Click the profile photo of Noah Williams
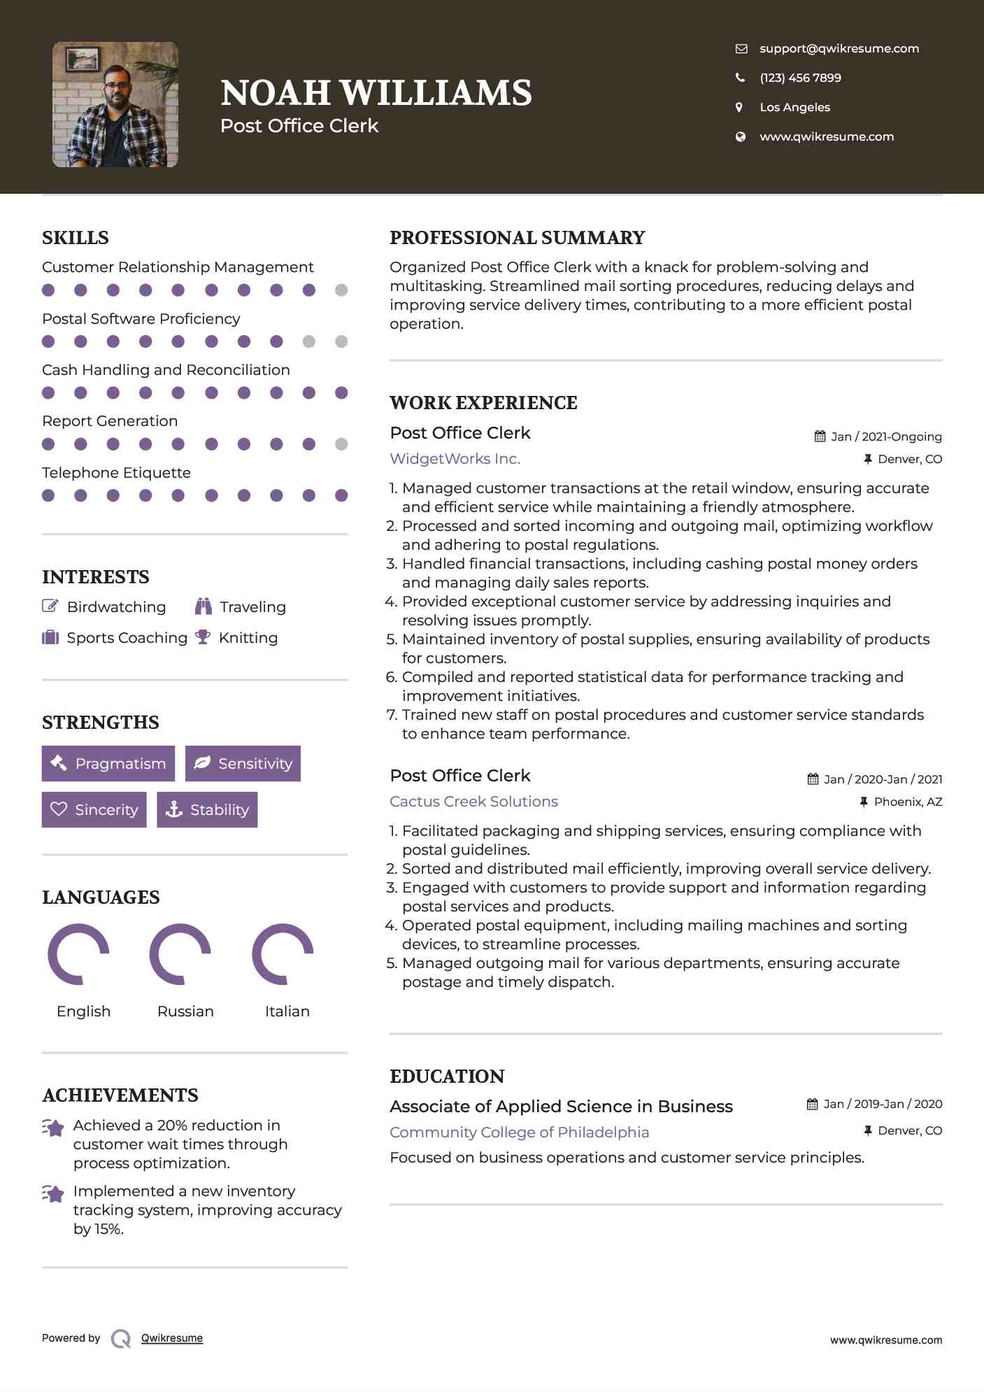(115, 104)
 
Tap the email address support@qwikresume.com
(839, 48)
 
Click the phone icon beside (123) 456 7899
(740, 78)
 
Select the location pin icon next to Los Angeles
(739, 107)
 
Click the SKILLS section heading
(76, 238)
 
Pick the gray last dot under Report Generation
(341, 444)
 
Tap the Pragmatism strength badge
(108, 763)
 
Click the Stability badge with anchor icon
(207, 809)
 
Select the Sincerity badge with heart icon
(94, 809)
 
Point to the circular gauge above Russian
(180, 954)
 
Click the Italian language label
(287, 1011)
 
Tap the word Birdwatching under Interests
(116, 606)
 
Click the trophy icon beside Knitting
(203, 637)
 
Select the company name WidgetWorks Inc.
(455, 459)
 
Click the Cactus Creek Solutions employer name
(473, 802)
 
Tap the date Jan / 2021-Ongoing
(885, 436)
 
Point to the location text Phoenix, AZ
(908, 802)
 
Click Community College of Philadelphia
(519, 1132)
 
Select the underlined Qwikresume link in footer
(172, 1338)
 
